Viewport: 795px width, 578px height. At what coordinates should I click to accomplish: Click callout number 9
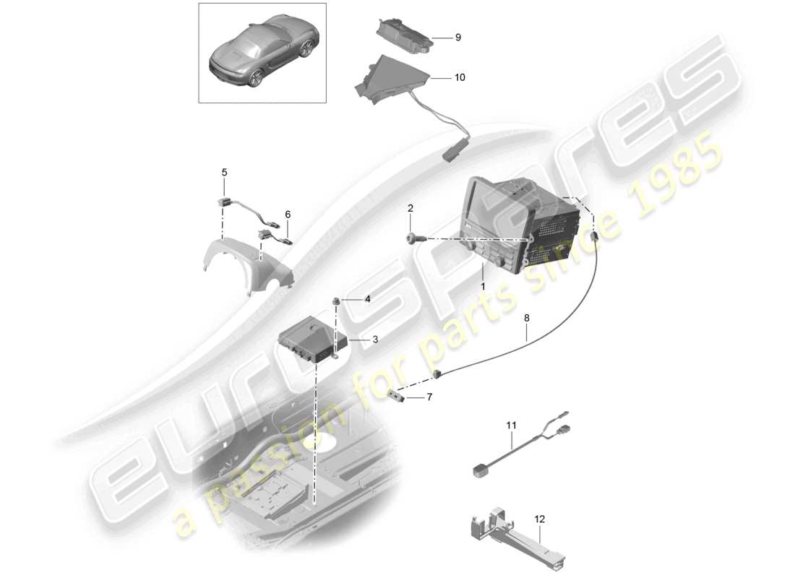pos(457,38)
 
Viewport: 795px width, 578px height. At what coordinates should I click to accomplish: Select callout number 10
pos(460,77)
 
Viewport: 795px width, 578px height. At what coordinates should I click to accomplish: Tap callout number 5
pos(224,173)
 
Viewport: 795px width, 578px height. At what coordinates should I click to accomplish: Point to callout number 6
pos(288,215)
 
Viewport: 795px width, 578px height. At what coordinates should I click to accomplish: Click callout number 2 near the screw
pos(411,209)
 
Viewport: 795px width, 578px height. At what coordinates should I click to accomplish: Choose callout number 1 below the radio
pos(484,287)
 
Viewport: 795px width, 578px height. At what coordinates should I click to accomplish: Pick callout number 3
pos(374,339)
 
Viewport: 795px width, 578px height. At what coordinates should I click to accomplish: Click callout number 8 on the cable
pos(526,316)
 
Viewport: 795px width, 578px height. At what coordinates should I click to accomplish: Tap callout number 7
pos(429,397)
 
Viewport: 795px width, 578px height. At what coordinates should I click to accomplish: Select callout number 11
pos(512,426)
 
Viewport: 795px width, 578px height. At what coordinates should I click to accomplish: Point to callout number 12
pos(539,519)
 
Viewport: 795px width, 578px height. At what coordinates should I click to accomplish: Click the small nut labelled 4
pos(337,301)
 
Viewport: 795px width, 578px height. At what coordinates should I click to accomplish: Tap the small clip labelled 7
pos(397,394)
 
